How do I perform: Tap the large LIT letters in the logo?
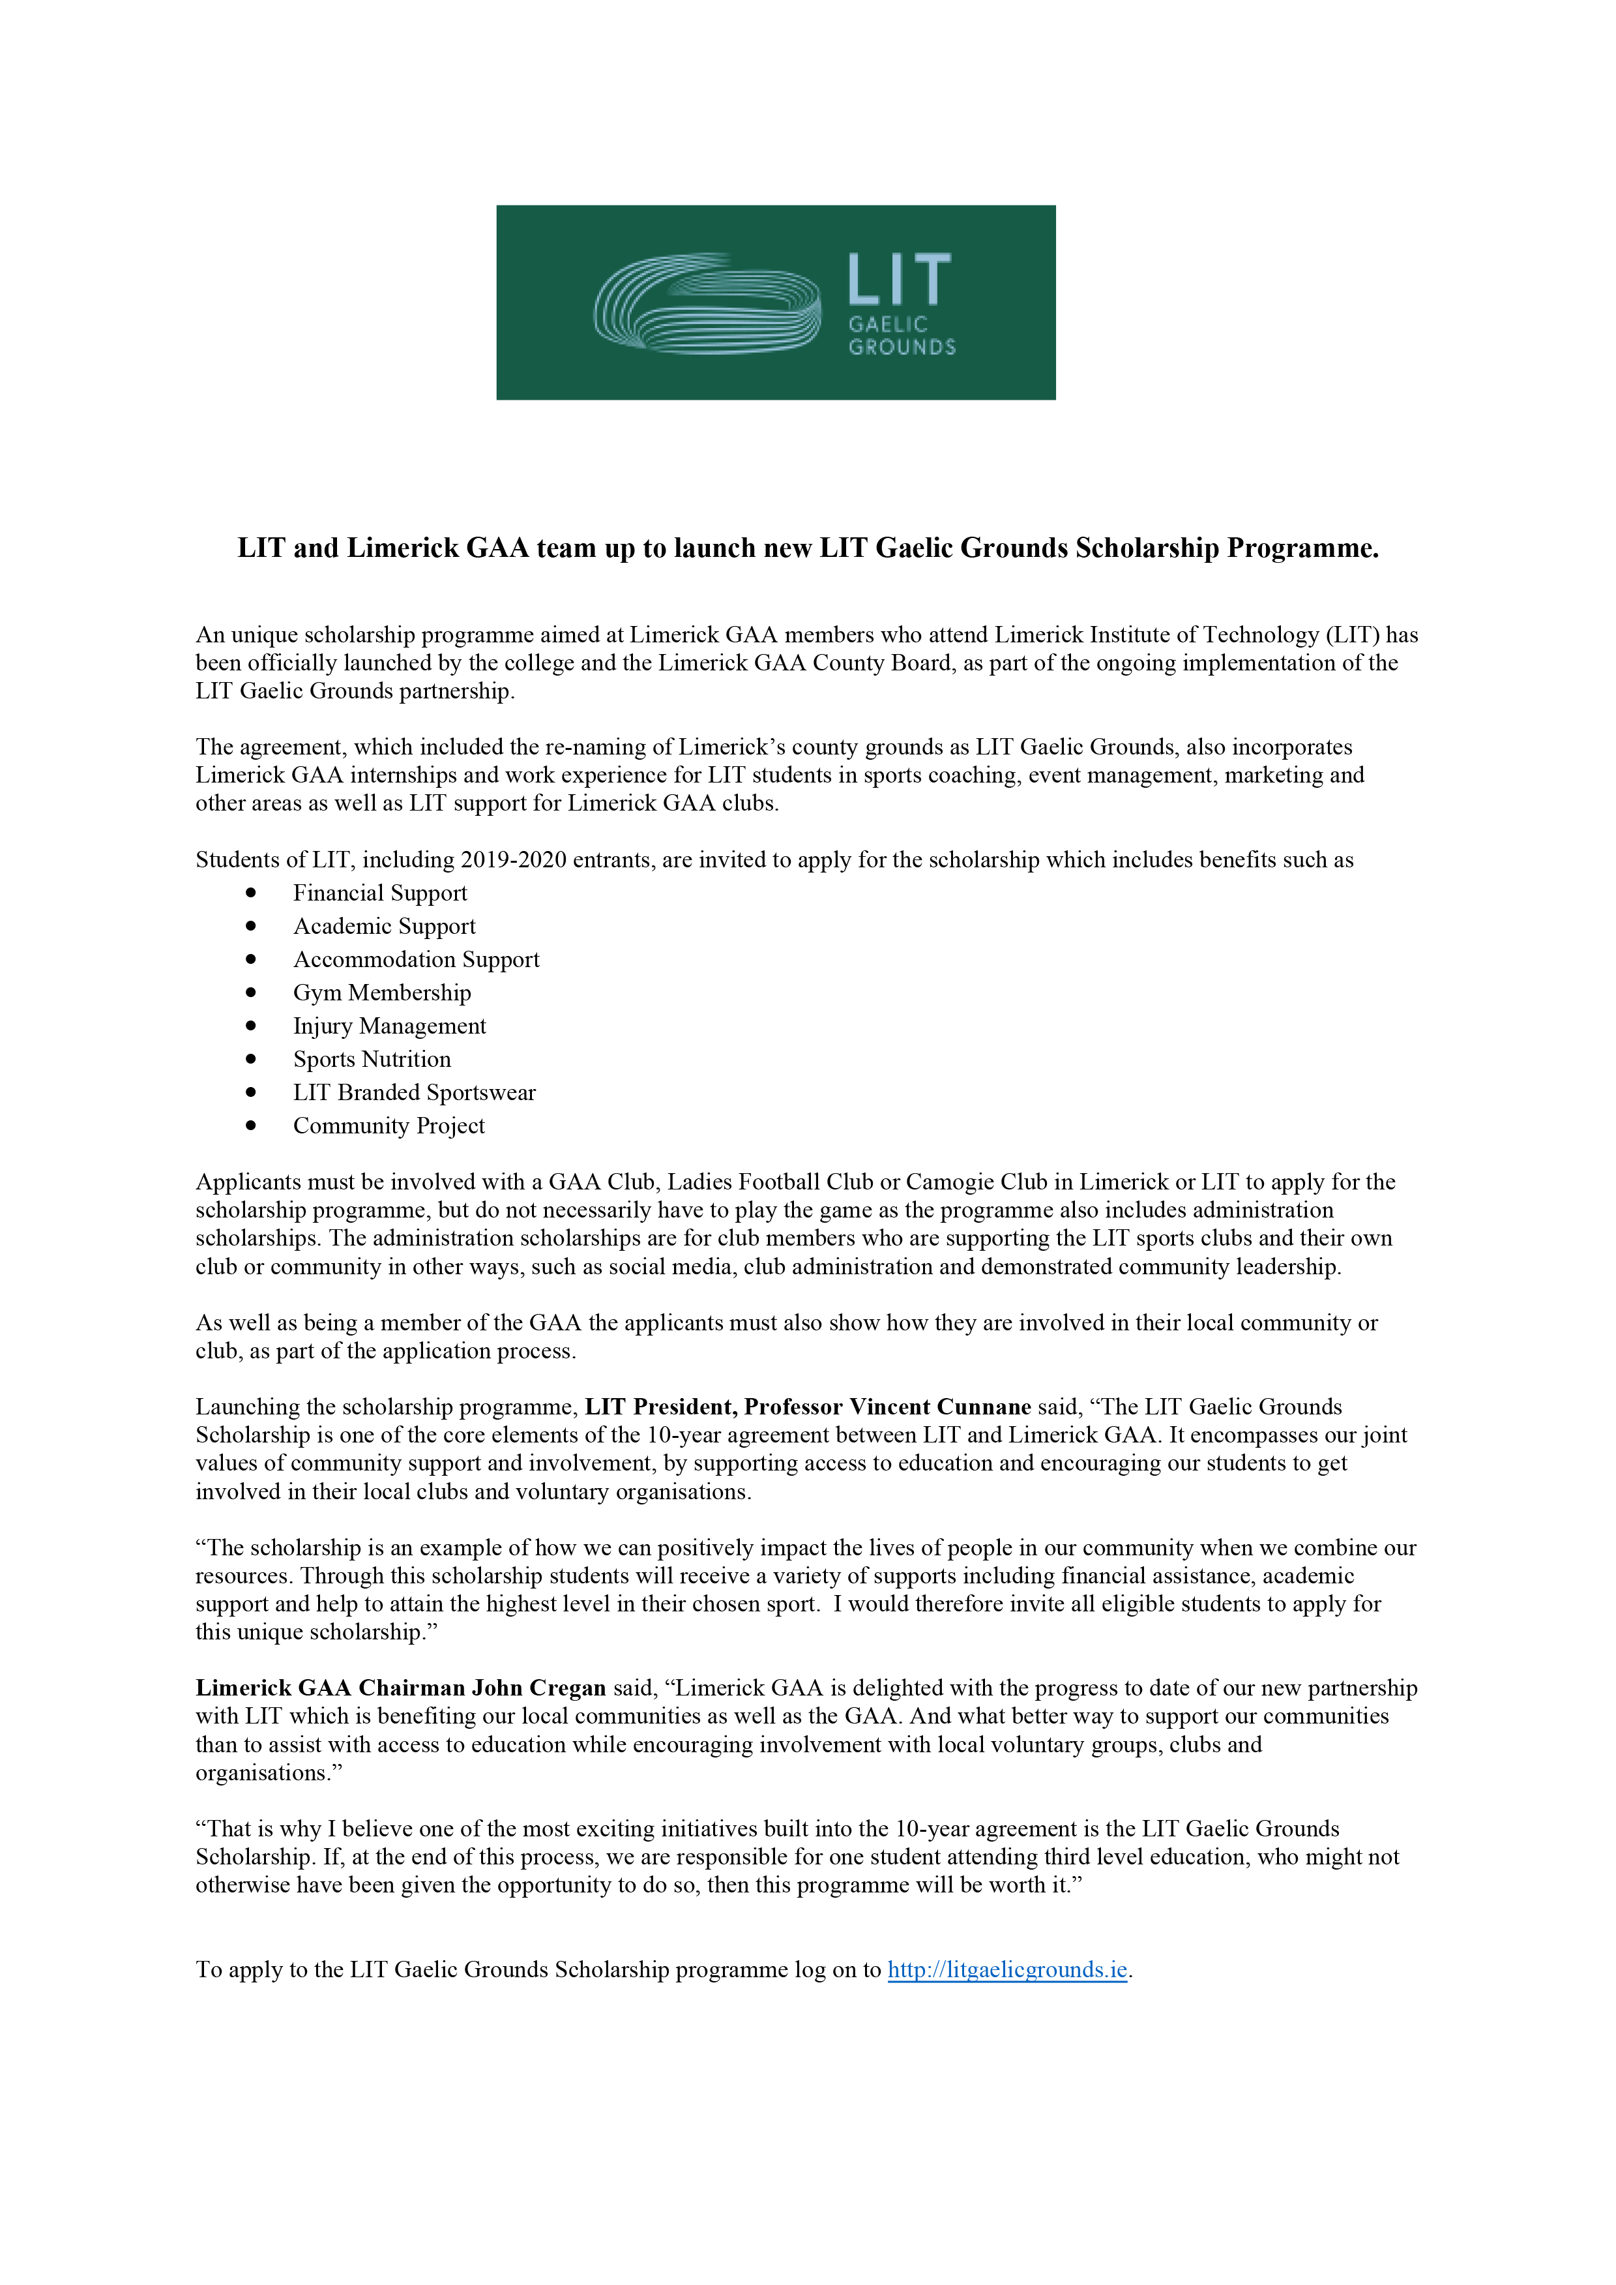point(898,280)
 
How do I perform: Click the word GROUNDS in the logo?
point(902,348)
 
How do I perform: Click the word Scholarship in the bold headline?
point(1147,548)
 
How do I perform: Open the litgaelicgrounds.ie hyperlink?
point(1007,1969)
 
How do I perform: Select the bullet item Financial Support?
point(379,893)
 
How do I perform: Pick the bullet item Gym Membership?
point(381,993)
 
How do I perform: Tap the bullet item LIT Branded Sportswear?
point(414,1093)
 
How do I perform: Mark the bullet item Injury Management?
point(389,1026)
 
